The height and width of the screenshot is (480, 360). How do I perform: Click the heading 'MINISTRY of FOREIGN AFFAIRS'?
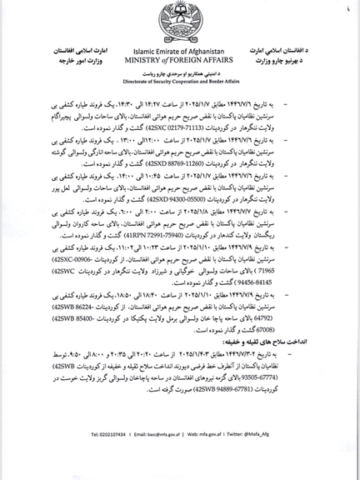180,59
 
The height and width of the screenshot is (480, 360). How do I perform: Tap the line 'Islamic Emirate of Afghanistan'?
180,50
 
